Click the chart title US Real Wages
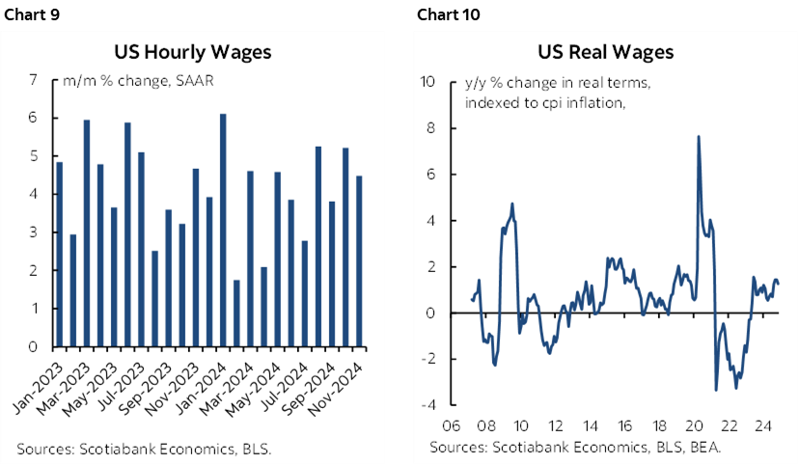[605, 51]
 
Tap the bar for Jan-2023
[60, 254]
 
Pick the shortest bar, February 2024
[237, 313]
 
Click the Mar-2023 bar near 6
[87, 232]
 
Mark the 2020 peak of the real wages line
[698, 137]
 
